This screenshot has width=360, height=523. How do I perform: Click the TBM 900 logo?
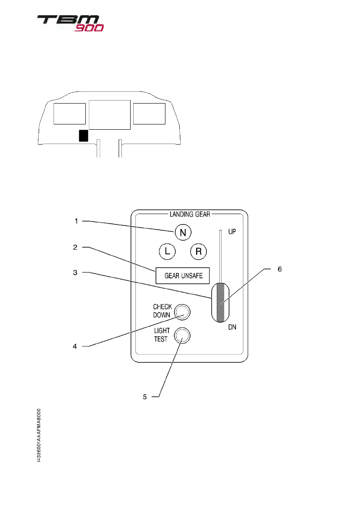[x=70, y=23]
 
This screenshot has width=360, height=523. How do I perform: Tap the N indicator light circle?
[x=183, y=233]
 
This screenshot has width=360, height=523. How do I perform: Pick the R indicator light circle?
[x=199, y=251]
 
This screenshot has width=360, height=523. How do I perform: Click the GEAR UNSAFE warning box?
[x=183, y=275]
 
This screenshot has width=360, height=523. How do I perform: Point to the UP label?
[x=232, y=232]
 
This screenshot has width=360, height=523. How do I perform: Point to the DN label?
[x=232, y=327]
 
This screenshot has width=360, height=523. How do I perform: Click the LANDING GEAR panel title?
[x=190, y=214]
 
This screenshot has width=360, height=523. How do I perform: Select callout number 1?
[x=76, y=221]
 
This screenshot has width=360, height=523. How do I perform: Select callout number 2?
[x=76, y=248]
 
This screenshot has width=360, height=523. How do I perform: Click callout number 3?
[x=76, y=272]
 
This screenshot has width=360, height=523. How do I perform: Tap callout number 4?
[x=76, y=346]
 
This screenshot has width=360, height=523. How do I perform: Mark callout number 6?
[x=280, y=269]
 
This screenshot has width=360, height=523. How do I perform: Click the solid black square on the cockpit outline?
[x=83, y=136]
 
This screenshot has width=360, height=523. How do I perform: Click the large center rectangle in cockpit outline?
[x=109, y=114]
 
